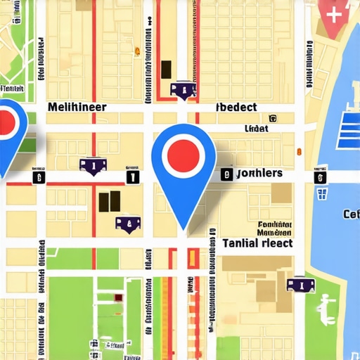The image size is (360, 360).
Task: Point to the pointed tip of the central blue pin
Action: click(184, 229)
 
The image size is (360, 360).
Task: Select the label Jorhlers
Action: click(259, 173)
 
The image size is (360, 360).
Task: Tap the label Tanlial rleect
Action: click(258, 243)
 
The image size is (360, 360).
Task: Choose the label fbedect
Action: click(237, 108)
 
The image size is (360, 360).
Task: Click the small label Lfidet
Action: click(256, 129)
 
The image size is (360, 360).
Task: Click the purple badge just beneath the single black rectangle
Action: click(184, 89)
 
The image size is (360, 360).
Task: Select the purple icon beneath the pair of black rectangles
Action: click(127, 224)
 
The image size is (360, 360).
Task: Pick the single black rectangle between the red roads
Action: click(167, 69)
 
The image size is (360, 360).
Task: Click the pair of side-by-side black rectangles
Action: click(109, 201)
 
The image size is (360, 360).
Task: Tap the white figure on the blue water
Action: click(326, 305)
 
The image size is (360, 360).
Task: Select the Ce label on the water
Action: click(351, 214)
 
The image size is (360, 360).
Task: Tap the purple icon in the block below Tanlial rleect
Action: click(296, 284)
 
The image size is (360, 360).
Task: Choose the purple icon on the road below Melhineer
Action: click(91, 165)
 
